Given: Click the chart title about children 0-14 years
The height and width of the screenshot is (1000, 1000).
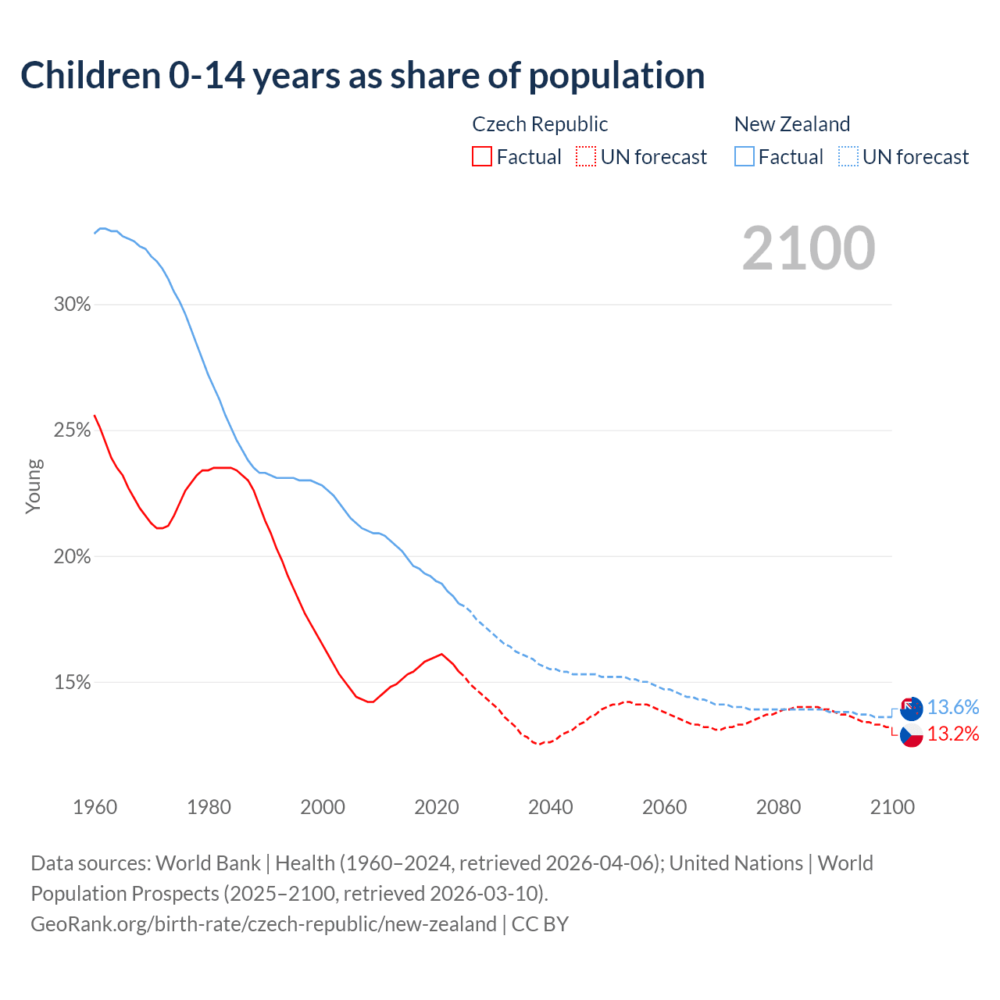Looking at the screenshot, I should pyautogui.click(x=362, y=76).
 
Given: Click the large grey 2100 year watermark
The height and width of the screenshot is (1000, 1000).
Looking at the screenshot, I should pyautogui.click(x=809, y=248).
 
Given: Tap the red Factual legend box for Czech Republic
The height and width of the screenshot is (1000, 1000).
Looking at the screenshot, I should pyautogui.click(x=482, y=156).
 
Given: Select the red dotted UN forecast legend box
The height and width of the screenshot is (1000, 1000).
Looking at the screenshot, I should pyautogui.click(x=586, y=156).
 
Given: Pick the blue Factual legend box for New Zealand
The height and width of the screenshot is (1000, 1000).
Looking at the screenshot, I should pyautogui.click(x=745, y=156).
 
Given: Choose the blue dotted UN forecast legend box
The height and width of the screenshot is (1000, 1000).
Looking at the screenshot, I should pyautogui.click(x=848, y=156).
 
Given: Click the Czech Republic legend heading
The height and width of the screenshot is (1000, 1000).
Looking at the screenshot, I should pyautogui.click(x=540, y=124).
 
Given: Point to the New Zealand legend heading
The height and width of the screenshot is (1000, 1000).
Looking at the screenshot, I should pyautogui.click(x=792, y=124).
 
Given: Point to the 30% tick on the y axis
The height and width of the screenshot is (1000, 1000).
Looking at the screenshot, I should pyautogui.click(x=73, y=305).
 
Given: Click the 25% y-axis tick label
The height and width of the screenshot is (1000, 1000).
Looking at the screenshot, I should pyautogui.click(x=73, y=430).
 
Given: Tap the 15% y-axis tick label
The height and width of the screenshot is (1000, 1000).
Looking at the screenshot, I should pyautogui.click(x=73, y=683).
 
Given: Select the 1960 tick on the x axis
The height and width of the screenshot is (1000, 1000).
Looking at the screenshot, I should pyautogui.click(x=95, y=807).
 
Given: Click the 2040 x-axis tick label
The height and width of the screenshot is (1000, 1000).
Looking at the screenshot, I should pyautogui.click(x=551, y=807).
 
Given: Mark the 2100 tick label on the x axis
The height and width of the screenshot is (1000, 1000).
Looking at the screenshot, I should pyautogui.click(x=892, y=807).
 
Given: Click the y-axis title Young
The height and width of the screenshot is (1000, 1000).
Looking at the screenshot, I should pyautogui.click(x=34, y=486).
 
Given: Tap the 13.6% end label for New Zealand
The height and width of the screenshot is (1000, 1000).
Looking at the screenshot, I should pyautogui.click(x=953, y=708).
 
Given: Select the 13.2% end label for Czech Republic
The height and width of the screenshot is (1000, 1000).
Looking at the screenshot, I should pyautogui.click(x=953, y=734).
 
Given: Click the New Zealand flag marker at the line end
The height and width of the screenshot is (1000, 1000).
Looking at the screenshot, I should pyautogui.click(x=911, y=709).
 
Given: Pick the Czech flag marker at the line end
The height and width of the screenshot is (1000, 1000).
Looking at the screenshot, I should pyautogui.click(x=911, y=735).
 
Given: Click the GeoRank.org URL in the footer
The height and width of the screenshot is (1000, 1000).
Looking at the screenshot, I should pyautogui.click(x=263, y=924).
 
